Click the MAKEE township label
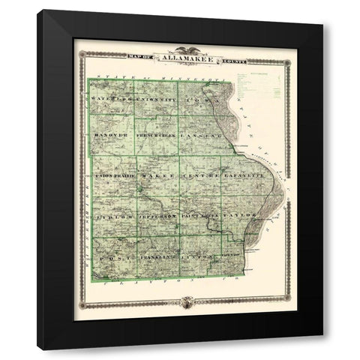point(157,175)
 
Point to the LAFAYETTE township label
point(241,175)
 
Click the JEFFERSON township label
point(157,216)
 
